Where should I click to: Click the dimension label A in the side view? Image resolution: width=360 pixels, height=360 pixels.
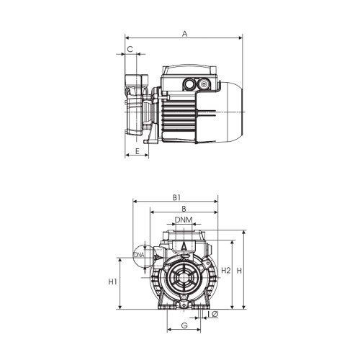(x=184, y=33)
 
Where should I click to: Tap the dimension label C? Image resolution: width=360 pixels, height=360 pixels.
(x=130, y=49)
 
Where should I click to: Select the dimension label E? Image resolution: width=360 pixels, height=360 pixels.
(x=137, y=152)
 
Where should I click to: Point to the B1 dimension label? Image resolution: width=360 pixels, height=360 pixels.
(x=176, y=197)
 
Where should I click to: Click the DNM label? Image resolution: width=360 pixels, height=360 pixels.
(x=183, y=220)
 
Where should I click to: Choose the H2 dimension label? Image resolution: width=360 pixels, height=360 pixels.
(x=225, y=270)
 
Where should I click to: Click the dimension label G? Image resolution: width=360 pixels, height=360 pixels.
(x=184, y=326)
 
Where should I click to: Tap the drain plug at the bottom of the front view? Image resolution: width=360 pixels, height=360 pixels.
(x=183, y=309)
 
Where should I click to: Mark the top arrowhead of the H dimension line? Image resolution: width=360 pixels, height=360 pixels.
(x=244, y=233)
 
